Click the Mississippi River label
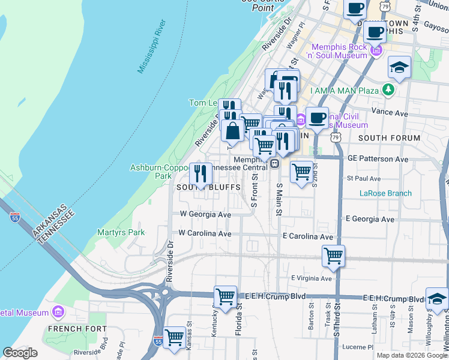(x=151, y=47)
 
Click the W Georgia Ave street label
(x=205, y=214)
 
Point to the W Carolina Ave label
(x=205, y=233)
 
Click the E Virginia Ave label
(x=311, y=278)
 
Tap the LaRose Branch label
(x=385, y=193)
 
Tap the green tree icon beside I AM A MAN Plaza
(x=390, y=90)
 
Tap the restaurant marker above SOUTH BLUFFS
(x=200, y=173)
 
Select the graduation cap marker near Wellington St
(x=437, y=298)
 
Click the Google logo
(x=20, y=353)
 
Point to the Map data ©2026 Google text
(x=412, y=355)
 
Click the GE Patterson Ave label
(x=378, y=159)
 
